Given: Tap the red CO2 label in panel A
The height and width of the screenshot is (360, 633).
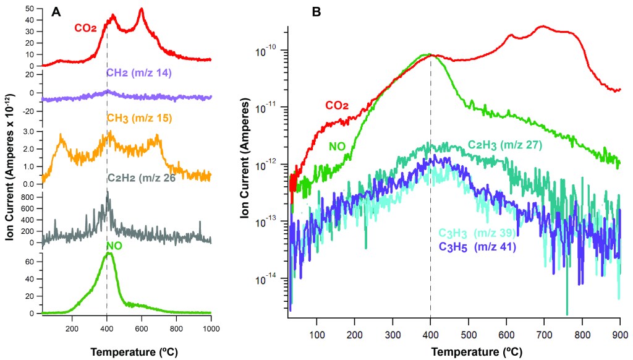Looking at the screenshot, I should coord(85,28).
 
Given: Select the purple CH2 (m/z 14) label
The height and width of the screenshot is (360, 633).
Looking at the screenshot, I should coord(138,74).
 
